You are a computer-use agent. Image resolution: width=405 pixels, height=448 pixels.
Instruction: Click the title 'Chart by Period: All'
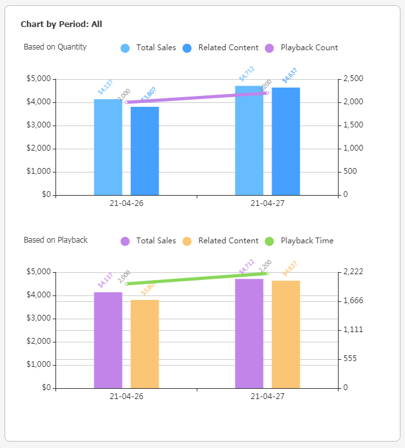pos(61,24)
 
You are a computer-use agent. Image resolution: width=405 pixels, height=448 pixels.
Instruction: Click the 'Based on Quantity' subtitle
pos(55,47)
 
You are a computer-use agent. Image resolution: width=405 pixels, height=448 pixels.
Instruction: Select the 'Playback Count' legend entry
pos(308,48)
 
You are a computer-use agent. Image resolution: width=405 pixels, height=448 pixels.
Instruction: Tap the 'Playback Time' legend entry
pos(306,241)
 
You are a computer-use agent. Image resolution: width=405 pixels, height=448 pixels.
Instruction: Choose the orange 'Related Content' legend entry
pos(228,241)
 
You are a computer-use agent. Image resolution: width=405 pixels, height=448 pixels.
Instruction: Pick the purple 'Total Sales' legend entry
pos(155,241)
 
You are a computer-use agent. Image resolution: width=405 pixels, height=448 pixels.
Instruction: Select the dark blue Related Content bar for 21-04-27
pos(286,141)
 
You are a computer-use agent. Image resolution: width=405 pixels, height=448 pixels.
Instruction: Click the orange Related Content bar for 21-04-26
pos(144,344)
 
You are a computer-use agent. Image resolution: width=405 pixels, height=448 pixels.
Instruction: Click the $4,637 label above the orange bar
pos(290,269)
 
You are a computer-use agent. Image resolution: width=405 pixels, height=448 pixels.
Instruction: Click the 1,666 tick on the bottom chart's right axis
pos(353,301)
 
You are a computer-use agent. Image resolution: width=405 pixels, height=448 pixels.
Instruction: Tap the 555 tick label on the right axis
pos(351,359)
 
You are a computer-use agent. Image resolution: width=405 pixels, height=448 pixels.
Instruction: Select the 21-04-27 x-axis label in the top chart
pos(267,203)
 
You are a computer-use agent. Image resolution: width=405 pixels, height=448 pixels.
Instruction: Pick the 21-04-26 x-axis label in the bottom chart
pos(126,396)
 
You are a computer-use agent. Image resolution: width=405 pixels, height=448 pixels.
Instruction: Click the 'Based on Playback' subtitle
pos(55,240)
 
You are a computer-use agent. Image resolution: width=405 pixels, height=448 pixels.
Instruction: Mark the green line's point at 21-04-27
pos(268,274)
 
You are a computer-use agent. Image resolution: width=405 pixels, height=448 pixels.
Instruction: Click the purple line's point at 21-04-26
pos(126,102)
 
